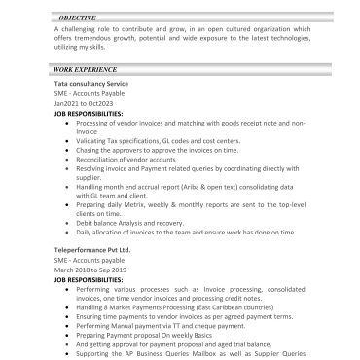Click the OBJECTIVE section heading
[77, 18]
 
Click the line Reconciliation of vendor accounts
[143, 158]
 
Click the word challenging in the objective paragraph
[89, 31]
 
